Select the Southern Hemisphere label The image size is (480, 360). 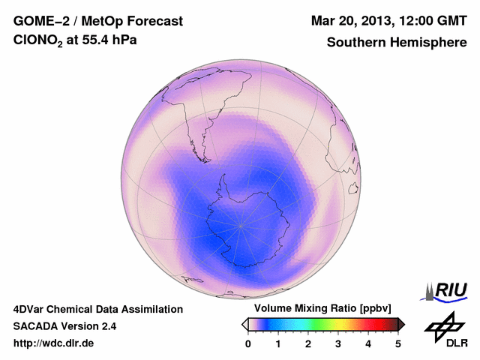coord(397,43)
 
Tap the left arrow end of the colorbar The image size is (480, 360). coord(244,324)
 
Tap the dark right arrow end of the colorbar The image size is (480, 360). coord(402,324)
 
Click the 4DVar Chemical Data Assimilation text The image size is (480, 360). coord(98,309)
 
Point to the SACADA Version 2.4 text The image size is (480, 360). coord(64,326)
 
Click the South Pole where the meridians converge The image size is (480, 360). coord(240,224)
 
